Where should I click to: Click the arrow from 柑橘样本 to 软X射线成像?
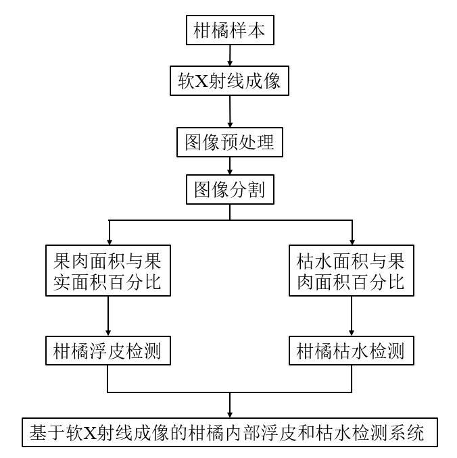pyautogui.click(x=230, y=55)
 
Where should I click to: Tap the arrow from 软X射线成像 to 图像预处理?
pyautogui.click(x=230, y=111)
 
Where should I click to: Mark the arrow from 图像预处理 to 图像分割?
pyautogui.click(x=230, y=166)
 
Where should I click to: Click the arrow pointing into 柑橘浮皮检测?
pyautogui.click(x=108, y=316)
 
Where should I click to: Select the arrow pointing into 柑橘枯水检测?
pyautogui.click(x=352, y=316)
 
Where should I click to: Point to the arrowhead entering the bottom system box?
pyautogui.click(x=230, y=415)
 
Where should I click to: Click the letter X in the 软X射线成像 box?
pyautogui.click(x=201, y=81)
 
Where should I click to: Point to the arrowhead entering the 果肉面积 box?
pyautogui.click(x=110, y=242)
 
